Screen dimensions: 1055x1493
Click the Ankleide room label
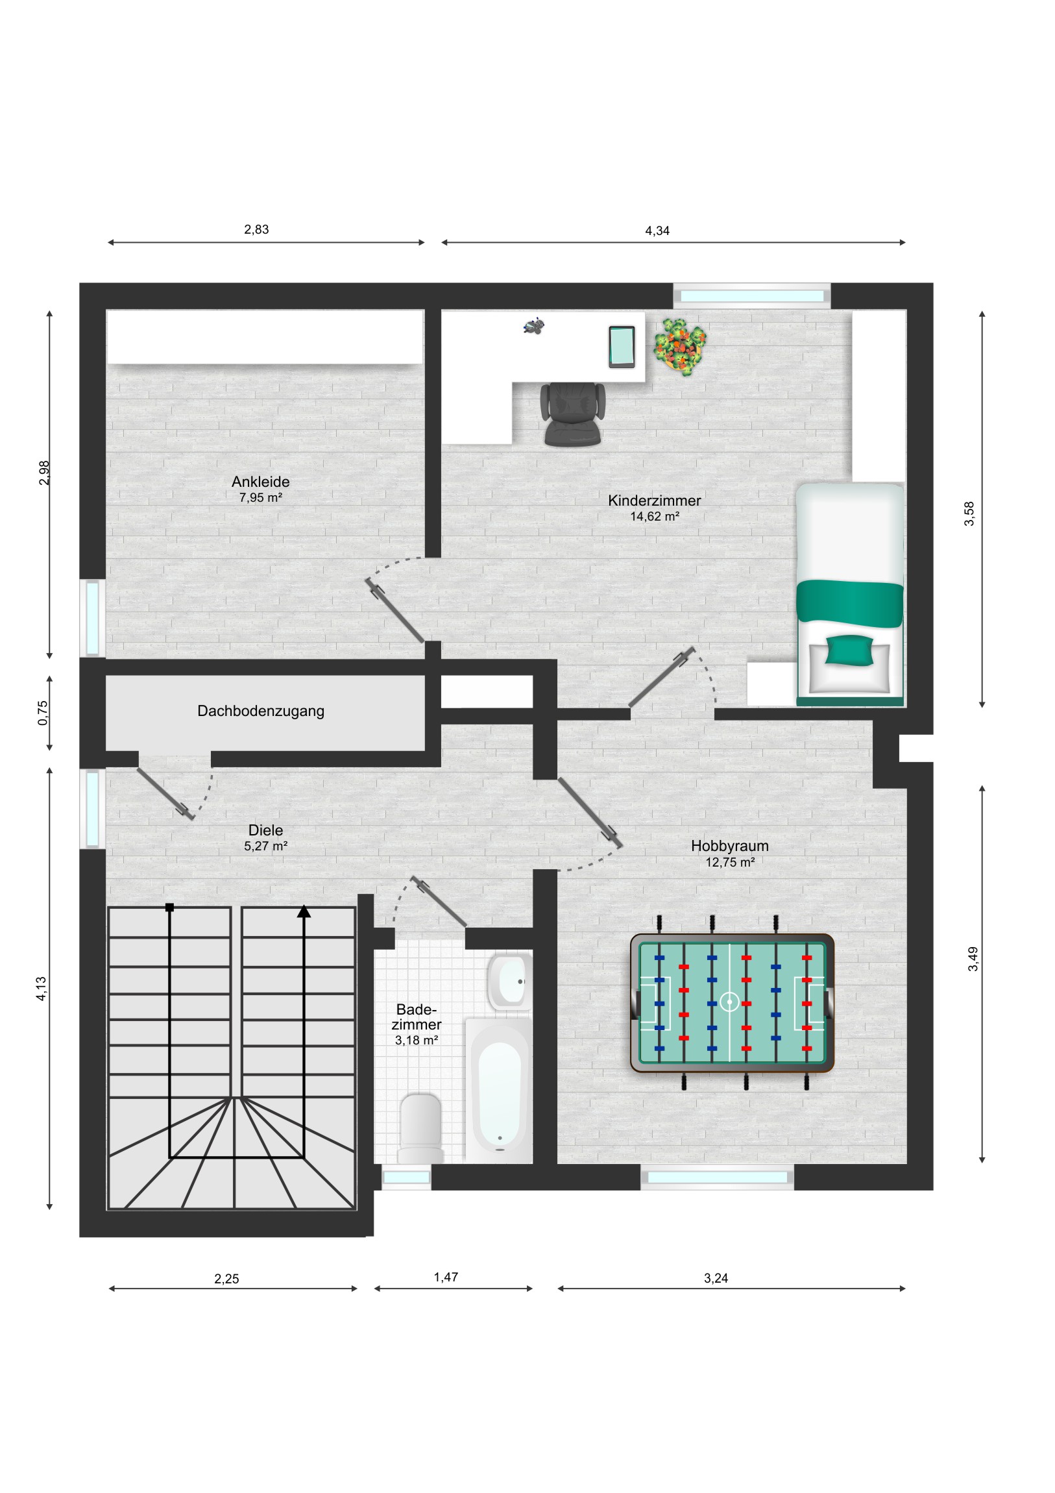[x=261, y=482]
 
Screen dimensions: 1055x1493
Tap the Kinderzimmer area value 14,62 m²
[x=655, y=516]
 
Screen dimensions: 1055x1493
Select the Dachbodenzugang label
[x=261, y=711]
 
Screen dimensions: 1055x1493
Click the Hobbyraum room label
[x=729, y=846]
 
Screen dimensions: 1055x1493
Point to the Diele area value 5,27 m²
[x=265, y=846]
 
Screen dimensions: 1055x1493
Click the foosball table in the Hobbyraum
[x=732, y=1002]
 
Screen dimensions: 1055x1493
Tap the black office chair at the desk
[x=572, y=413]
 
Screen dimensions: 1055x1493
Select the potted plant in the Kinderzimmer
[x=680, y=346]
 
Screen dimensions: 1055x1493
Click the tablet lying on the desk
[x=622, y=347]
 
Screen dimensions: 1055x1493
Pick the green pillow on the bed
[x=849, y=650]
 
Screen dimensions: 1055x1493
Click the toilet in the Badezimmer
[x=420, y=1128]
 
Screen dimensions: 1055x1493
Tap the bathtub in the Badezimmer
[x=499, y=1091]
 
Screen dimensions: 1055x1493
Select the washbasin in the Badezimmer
[x=509, y=982]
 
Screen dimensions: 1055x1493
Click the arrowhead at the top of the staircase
[x=304, y=911]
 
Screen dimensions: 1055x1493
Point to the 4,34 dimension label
[x=657, y=231]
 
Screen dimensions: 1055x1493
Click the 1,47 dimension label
[x=446, y=1277]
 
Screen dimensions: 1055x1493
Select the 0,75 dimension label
[x=43, y=713]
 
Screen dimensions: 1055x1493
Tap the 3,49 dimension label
[x=973, y=959]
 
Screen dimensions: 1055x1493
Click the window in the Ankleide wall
[x=92, y=618]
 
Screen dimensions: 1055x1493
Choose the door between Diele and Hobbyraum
[x=590, y=813]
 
